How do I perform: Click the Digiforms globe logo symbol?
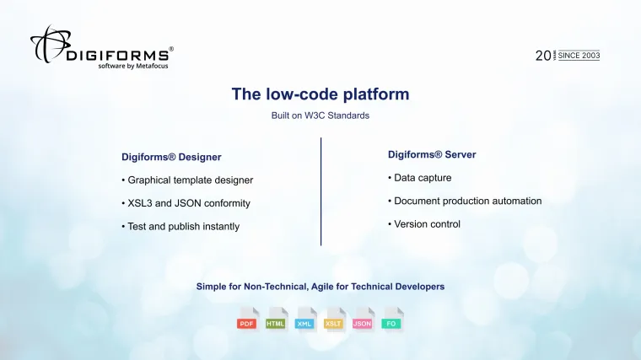coord(50,44)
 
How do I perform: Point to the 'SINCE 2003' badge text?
coord(579,55)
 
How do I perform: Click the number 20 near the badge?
coord(542,56)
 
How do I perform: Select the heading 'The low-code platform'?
coord(320,94)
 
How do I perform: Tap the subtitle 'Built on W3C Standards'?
coord(320,115)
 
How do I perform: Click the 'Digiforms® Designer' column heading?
coord(171,157)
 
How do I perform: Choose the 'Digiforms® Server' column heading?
coord(432,154)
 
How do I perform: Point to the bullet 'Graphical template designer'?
coord(187,180)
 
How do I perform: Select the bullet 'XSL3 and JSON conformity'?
coord(186,203)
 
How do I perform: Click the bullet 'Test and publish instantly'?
coord(180,226)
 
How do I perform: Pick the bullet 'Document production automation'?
coord(465,201)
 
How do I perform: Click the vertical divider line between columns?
coord(320,191)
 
